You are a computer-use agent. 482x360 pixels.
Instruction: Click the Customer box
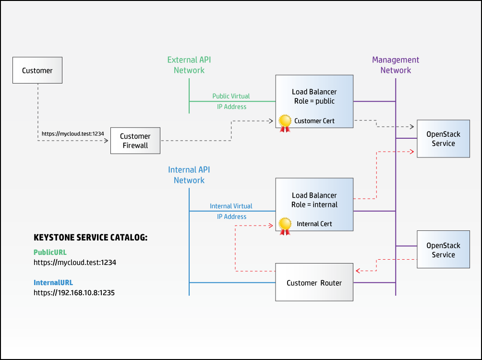(37, 71)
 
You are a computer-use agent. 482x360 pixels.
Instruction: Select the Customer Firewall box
(135, 141)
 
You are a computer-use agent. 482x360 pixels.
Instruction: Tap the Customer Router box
(314, 283)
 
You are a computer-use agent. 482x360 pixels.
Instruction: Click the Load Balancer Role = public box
(314, 96)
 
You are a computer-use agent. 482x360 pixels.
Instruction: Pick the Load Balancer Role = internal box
(314, 200)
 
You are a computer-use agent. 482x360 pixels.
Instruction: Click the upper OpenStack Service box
(443, 139)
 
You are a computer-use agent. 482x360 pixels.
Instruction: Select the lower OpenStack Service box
(443, 250)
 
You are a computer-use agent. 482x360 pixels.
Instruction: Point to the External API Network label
(189, 65)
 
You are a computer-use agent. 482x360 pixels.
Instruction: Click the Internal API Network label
(189, 175)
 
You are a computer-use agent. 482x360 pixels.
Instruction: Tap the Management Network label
(396, 65)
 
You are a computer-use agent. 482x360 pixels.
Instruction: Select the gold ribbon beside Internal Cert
(285, 226)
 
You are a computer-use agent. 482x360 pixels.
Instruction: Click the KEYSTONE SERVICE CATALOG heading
(90, 238)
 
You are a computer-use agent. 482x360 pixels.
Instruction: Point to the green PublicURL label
(50, 252)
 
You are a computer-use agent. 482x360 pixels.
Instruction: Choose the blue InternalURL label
(53, 282)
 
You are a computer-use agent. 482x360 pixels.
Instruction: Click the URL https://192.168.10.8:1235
(74, 292)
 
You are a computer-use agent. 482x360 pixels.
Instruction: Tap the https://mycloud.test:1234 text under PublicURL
(75, 263)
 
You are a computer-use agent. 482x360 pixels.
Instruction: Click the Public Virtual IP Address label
(231, 101)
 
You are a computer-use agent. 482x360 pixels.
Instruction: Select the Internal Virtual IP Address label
(231, 211)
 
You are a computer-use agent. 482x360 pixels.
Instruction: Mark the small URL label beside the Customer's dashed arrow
(72, 133)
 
